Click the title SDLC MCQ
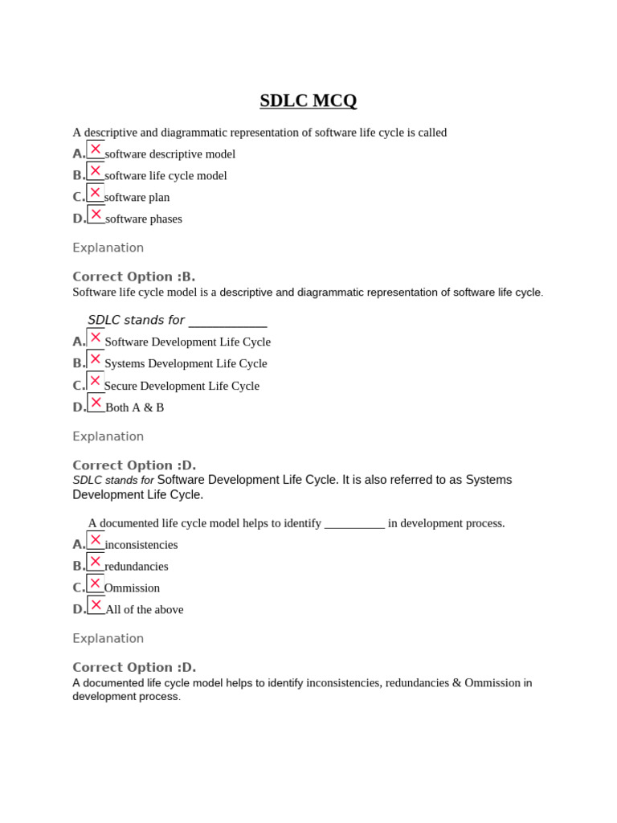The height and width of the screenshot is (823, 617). pos(308,101)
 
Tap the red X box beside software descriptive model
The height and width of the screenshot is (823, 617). pos(96,149)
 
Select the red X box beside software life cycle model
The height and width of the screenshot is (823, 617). pos(96,171)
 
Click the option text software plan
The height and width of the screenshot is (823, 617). pos(137,197)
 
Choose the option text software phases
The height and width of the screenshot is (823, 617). pos(143,219)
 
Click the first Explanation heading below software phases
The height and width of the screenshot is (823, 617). pos(108,248)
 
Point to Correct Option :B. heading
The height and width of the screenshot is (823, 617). pos(133,276)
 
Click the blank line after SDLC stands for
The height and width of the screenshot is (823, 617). pos(227,321)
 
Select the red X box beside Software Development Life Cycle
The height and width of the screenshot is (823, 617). pos(96,338)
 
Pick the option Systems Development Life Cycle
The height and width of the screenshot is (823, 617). pos(186,363)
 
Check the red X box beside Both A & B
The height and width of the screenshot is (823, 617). pos(96,403)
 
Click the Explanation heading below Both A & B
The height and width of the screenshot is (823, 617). pos(108,436)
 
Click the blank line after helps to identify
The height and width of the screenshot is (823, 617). pos(354,524)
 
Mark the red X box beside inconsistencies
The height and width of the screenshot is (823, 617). pos(96,540)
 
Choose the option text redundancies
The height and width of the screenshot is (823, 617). pos(136,566)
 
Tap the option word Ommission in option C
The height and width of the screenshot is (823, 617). pos(132,588)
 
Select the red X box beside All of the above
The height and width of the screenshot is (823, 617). pos(96,605)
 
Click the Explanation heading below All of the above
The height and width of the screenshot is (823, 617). pos(108,638)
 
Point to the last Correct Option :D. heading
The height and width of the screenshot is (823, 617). pos(133,667)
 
